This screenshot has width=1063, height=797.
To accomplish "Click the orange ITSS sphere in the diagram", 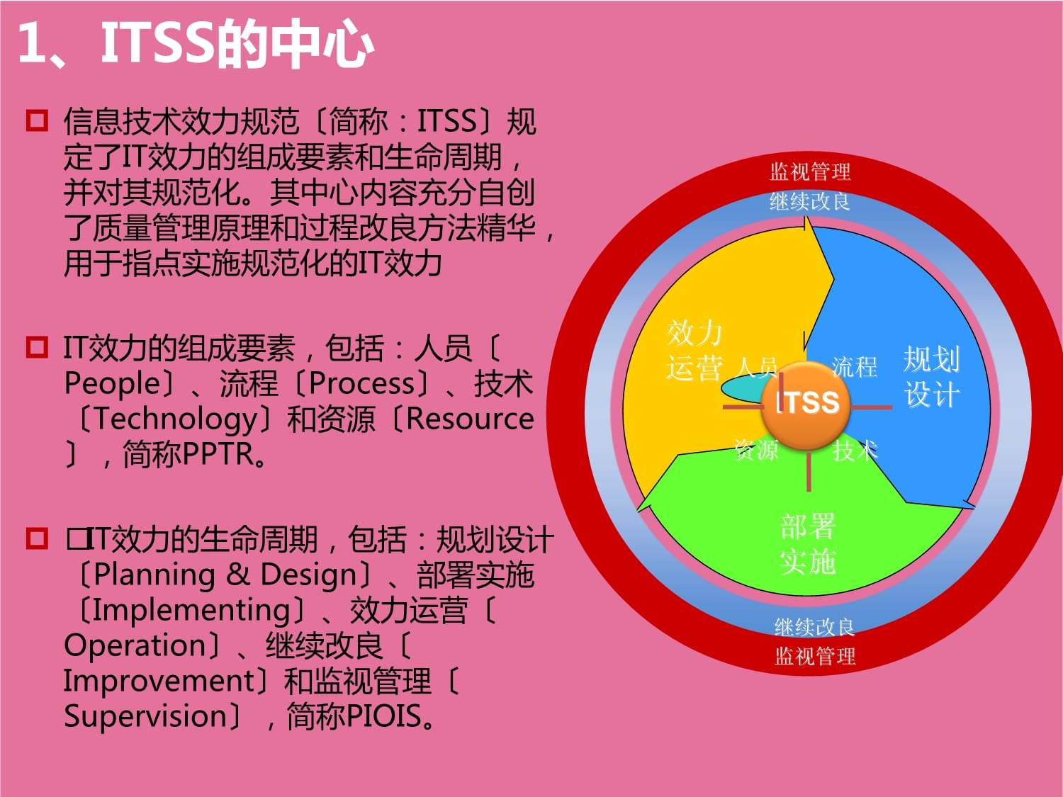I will [x=806, y=405].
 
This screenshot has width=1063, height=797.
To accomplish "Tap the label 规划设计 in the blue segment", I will [x=931, y=377].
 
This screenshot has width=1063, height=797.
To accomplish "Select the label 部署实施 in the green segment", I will [x=808, y=544].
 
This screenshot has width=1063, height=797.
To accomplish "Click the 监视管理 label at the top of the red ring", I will [x=810, y=171].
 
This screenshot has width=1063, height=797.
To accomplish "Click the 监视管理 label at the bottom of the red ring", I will [x=814, y=656].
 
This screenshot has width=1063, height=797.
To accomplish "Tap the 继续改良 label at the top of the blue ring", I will [x=809, y=202].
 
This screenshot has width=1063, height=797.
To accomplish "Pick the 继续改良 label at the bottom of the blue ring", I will [x=814, y=627].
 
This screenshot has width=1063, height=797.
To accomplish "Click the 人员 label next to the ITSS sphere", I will [x=757, y=366].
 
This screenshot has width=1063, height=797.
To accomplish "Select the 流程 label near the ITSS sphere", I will [x=854, y=366].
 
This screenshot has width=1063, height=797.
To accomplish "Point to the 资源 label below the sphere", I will [x=756, y=449].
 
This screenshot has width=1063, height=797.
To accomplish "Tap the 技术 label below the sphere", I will [x=855, y=449].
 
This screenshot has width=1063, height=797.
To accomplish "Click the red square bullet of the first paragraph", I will [x=37, y=120].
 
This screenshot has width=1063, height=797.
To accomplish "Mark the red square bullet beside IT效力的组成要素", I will [x=37, y=347].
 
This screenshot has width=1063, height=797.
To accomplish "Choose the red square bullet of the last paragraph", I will [x=37, y=538].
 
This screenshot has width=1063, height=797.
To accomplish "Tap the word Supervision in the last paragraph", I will [x=145, y=716].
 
